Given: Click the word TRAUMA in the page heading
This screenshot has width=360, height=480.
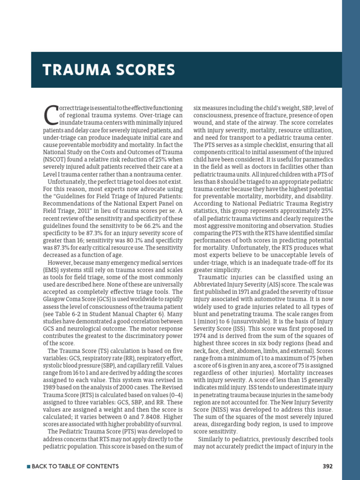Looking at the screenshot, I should pyautogui.click(x=68, y=70).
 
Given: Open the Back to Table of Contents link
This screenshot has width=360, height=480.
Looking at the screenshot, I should pyautogui.click(x=75, y=466).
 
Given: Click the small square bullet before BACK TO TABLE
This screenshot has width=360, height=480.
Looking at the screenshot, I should pyautogui.click(x=29, y=466).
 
